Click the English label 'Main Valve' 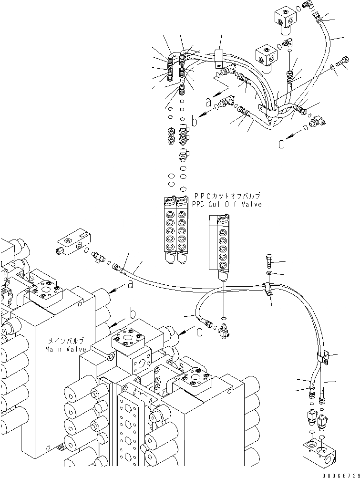(x=65, y=349)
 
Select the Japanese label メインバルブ (x=65, y=341)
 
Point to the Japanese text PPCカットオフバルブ (x=227, y=196)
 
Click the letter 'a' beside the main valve (x=130, y=285)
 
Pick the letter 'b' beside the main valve (x=133, y=314)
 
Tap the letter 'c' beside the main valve (x=198, y=332)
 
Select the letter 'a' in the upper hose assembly (x=207, y=102)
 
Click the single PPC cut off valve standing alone (x=220, y=247)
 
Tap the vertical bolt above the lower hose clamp (x=268, y=262)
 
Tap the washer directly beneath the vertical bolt (x=269, y=273)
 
